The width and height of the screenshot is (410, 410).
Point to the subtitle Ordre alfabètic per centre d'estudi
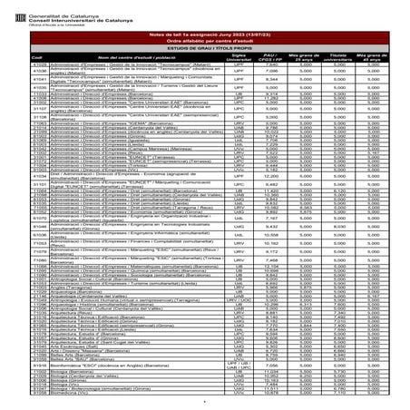tap(204, 39)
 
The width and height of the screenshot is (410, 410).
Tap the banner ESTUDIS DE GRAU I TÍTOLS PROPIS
tap(204, 47)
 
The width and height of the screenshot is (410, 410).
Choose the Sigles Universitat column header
tap(239, 57)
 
